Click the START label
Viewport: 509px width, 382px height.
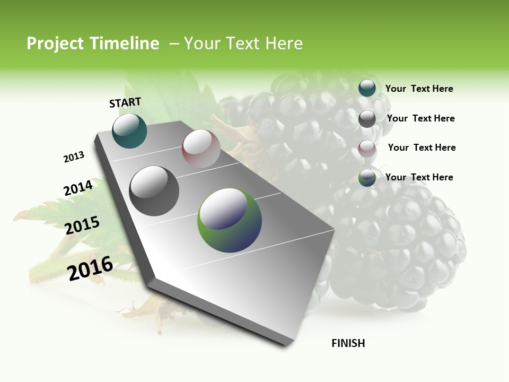click(x=125, y=102)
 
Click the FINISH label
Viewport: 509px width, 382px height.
click(x=348, y=343)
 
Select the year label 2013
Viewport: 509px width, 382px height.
click(x=74, y=157)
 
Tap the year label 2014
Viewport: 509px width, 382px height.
click(x=78, y=188)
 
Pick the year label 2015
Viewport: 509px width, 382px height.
click(x=82, y=225)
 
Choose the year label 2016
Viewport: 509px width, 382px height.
click(x=90, y=268)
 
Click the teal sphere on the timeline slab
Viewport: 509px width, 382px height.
click(x=130, y=131)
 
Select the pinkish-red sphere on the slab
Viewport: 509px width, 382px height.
click(x=201, y=149)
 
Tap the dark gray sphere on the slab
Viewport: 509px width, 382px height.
click(x=154, y=191)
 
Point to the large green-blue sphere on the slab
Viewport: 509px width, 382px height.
click(x=230, y=220)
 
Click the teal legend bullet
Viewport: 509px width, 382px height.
click(x=367, y=88)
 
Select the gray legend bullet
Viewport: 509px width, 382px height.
click(x=367, y=119)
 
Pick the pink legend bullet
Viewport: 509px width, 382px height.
click(x=367, y=148)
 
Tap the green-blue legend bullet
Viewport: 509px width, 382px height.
click(x=367, y=178)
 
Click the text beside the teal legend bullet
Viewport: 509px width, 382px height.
click(x=419, y=89)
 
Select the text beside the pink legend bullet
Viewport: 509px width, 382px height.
click(x=422, y=147)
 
